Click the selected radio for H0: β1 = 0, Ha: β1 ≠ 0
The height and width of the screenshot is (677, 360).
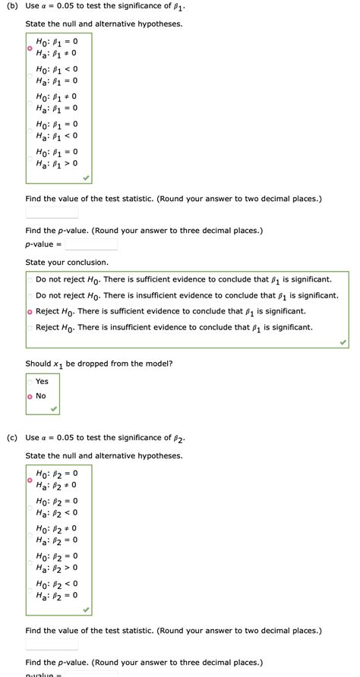(30, 48)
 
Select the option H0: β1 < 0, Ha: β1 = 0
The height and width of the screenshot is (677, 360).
(30, 75)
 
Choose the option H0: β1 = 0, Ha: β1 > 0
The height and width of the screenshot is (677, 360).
(30, 157)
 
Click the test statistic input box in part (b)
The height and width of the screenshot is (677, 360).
(52, 213)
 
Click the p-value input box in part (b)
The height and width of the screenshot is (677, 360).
(90, 244)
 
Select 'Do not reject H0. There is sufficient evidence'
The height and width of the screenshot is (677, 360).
(30, 279)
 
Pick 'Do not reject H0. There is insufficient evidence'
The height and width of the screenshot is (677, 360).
(30, 295)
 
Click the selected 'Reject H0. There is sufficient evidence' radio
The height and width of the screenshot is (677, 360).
(30, 312)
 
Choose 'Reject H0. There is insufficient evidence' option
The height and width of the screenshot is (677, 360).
(30, 328)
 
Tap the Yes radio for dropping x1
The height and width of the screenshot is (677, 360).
(30, 382)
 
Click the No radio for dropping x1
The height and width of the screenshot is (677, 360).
(30, 396)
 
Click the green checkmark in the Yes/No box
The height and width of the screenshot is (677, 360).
(53, 408)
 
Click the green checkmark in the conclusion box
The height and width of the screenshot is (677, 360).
(343, 342)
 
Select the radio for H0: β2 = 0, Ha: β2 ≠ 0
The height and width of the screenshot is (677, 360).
(30, 480)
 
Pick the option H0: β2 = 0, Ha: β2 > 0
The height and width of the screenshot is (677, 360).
(30, 562)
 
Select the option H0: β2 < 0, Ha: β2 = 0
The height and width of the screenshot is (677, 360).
(30, 589)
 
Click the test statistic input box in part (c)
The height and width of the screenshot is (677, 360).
(52, 644)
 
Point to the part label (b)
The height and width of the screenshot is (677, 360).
(11, 6)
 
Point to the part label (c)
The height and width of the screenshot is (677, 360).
(11, 438)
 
